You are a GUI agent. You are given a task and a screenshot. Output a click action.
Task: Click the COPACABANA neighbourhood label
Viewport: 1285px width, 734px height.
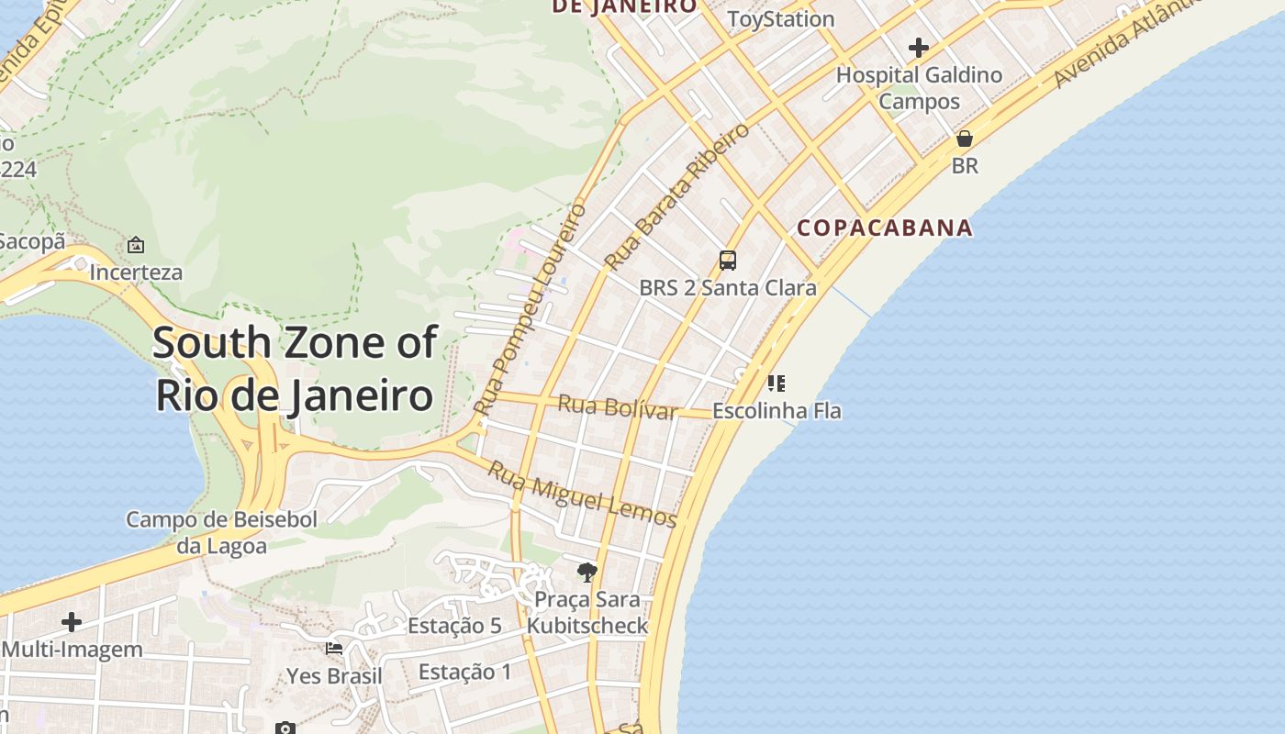884,228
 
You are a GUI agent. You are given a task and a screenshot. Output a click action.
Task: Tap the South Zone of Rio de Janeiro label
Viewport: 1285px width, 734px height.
295,369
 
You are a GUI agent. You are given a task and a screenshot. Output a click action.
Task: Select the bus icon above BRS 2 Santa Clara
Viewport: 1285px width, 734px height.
728,261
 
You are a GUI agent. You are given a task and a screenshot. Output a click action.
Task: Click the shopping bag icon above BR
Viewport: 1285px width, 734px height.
965,139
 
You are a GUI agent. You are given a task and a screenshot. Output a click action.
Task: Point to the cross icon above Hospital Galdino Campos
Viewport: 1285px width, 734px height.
919,48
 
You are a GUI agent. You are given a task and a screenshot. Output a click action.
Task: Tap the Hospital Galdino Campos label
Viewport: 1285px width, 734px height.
919,88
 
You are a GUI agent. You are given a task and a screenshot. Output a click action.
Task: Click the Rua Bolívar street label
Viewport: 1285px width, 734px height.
618,406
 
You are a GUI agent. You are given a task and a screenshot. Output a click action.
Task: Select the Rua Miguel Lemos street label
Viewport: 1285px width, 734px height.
582,495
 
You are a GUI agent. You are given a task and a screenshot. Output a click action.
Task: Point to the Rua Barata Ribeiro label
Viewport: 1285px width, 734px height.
676,197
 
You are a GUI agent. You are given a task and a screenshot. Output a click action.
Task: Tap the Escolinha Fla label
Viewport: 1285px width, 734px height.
777,411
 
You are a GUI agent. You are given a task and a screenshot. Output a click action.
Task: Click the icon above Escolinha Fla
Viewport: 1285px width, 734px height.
777,383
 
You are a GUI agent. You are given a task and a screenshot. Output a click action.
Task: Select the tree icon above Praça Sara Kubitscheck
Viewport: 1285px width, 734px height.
587,573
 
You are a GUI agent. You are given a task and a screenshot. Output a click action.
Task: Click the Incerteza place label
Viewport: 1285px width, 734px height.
136,272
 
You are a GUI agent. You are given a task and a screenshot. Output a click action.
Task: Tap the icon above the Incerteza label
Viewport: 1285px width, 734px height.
136,245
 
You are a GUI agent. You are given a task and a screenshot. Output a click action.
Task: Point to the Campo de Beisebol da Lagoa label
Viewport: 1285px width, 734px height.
221,533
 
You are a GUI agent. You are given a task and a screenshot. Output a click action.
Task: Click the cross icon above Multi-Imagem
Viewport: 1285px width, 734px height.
72,622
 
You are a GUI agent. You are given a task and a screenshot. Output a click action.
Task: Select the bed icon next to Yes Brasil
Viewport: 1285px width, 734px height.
334,649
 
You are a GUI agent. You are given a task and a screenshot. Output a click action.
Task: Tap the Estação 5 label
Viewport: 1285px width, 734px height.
454,626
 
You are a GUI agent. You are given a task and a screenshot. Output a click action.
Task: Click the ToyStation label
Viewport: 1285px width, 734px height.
780,19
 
